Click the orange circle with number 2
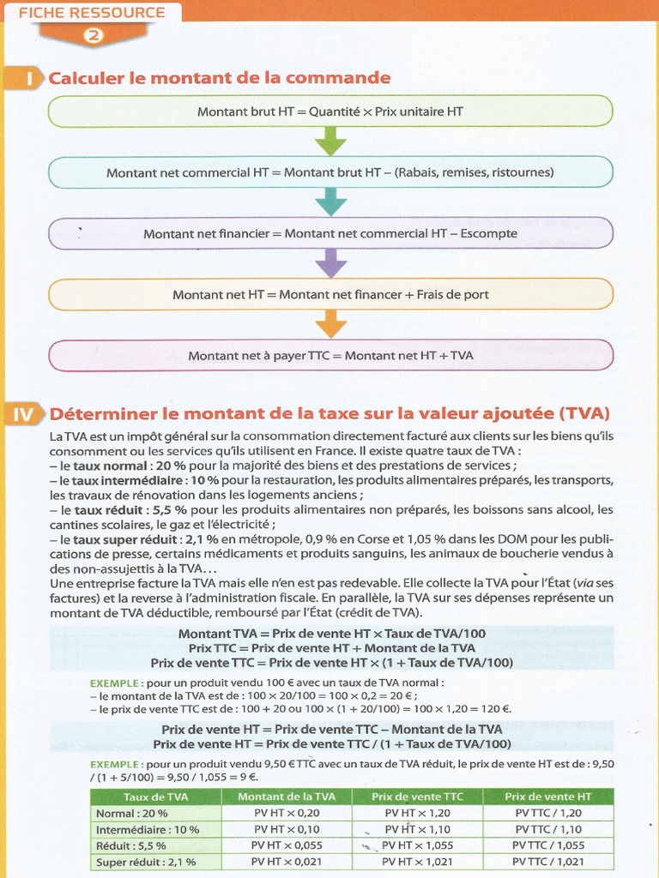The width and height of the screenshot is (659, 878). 93,35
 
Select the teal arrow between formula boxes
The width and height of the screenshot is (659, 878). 330,202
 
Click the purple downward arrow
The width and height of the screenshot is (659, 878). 330,263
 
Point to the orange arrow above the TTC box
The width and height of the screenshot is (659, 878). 330,324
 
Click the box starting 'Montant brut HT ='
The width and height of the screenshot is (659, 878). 330,111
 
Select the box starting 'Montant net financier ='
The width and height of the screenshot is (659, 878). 330,233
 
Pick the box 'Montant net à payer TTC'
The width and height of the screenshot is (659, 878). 330,355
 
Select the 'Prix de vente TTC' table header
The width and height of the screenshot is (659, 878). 417,797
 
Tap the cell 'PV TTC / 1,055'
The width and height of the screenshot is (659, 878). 548,845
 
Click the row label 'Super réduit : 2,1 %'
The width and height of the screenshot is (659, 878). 146,862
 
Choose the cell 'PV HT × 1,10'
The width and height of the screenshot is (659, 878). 417,829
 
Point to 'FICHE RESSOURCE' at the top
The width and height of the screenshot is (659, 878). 92,13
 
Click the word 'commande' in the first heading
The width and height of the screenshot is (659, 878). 348,78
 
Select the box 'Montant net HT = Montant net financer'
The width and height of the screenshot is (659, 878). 330,294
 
